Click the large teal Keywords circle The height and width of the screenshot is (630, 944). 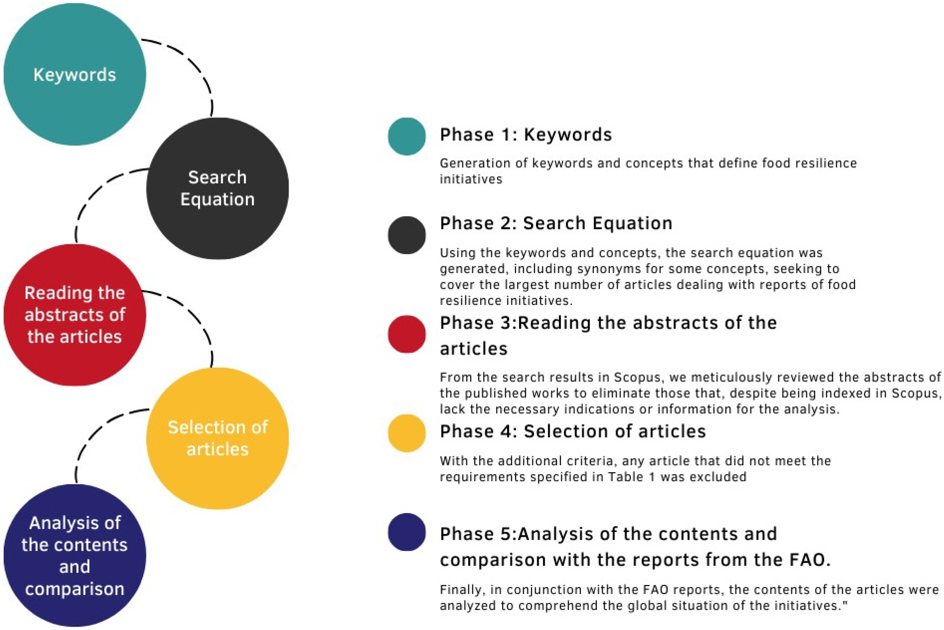tap(75, 74)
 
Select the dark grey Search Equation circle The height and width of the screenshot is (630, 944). tap(217, 189)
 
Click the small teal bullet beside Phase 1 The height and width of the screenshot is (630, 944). tap(407, 136)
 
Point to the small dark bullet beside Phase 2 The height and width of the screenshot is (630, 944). tap(407, 235)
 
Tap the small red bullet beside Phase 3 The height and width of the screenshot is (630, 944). tap(407, 334)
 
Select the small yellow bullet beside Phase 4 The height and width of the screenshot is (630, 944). tap(407, 433)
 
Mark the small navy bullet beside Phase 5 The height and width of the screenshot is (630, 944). tap(407, 532)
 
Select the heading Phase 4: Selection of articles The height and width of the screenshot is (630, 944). tap(573, 431)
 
